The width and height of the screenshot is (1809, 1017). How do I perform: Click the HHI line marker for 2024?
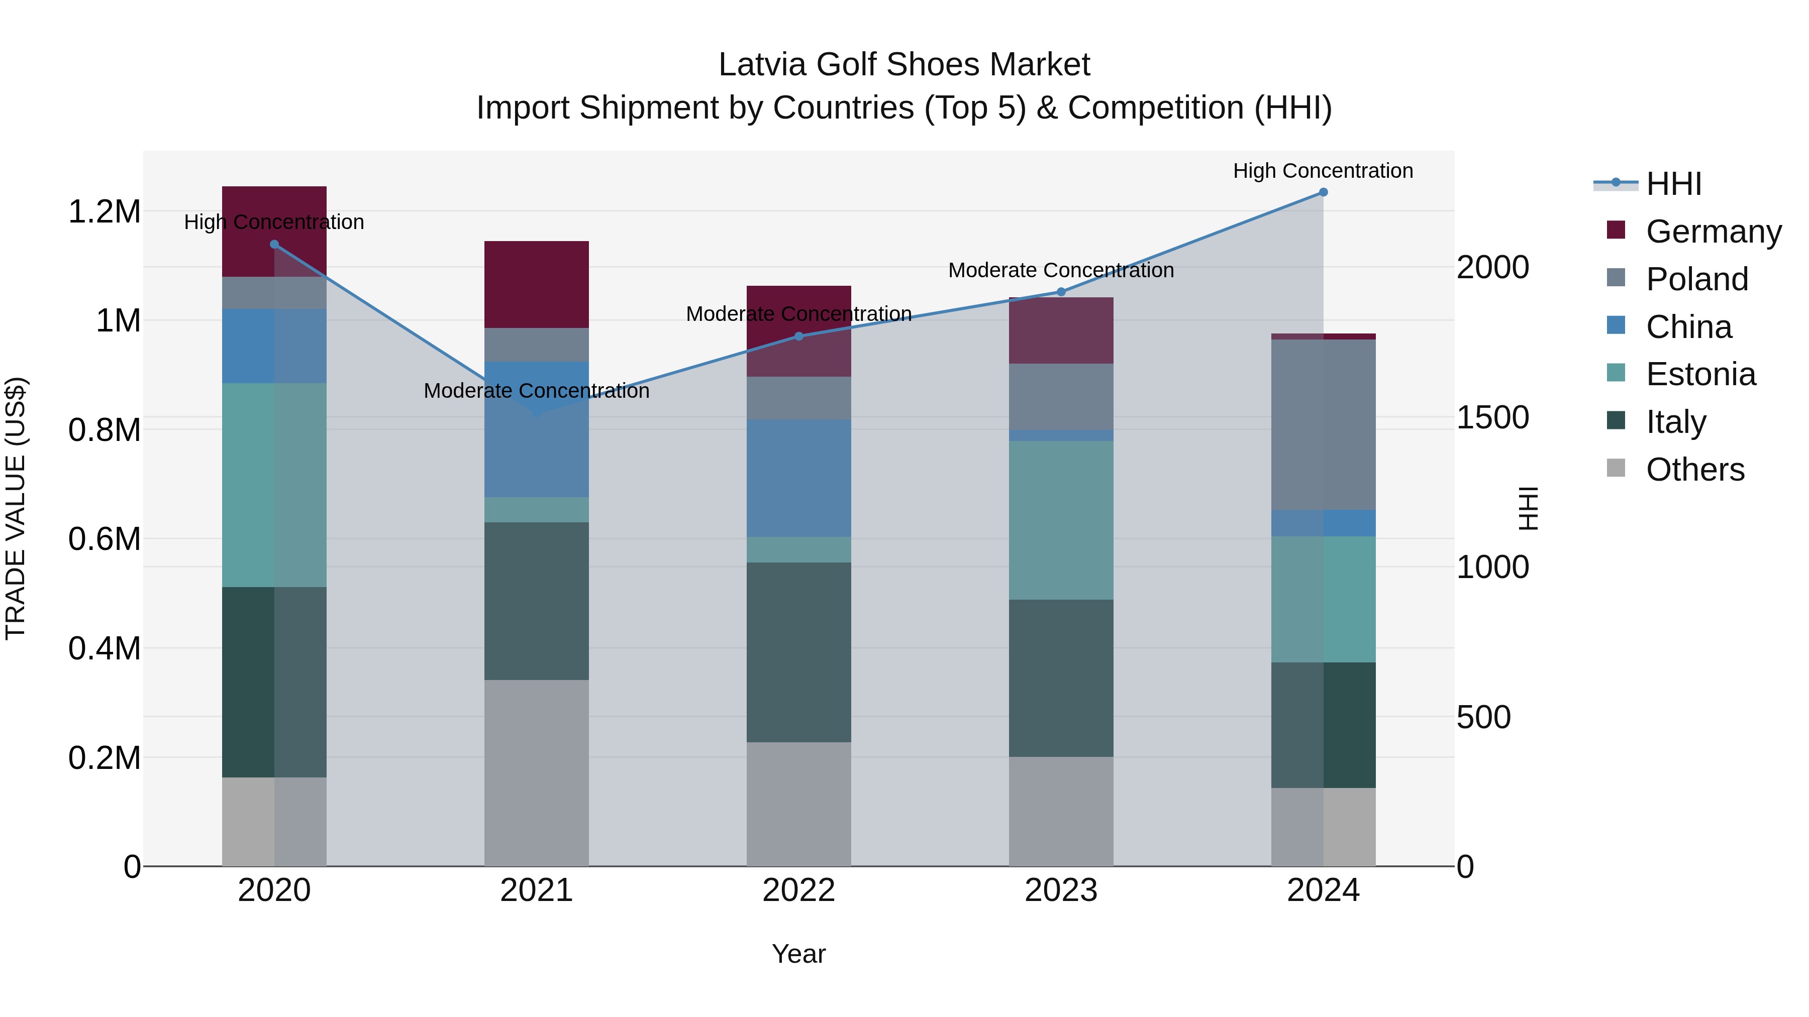(1323, 192)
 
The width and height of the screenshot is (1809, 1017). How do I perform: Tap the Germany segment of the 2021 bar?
(537, 284)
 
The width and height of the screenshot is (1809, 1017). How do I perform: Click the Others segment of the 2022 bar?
(798, 804)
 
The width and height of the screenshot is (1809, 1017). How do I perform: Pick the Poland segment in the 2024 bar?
(1323, 424)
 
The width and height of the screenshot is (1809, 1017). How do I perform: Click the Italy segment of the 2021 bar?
(537, 601)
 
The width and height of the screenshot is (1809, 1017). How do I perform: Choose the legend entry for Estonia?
(1699, 374)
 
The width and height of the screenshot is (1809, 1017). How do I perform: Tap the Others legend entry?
(1694, 470)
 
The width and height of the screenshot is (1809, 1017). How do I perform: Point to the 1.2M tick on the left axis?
(104, 211)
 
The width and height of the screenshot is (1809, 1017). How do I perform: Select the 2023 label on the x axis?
(1060, 890)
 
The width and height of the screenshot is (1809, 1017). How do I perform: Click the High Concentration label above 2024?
(1323, 171)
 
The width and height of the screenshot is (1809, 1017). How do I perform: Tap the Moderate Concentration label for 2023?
(1060, 270)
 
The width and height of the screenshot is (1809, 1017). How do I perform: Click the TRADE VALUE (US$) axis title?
(16, 508)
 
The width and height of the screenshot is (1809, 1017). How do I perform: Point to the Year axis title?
(798, 954)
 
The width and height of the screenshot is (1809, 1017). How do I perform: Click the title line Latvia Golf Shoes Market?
(904, 65)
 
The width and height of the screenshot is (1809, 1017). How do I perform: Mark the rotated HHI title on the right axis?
(1528, 508)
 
